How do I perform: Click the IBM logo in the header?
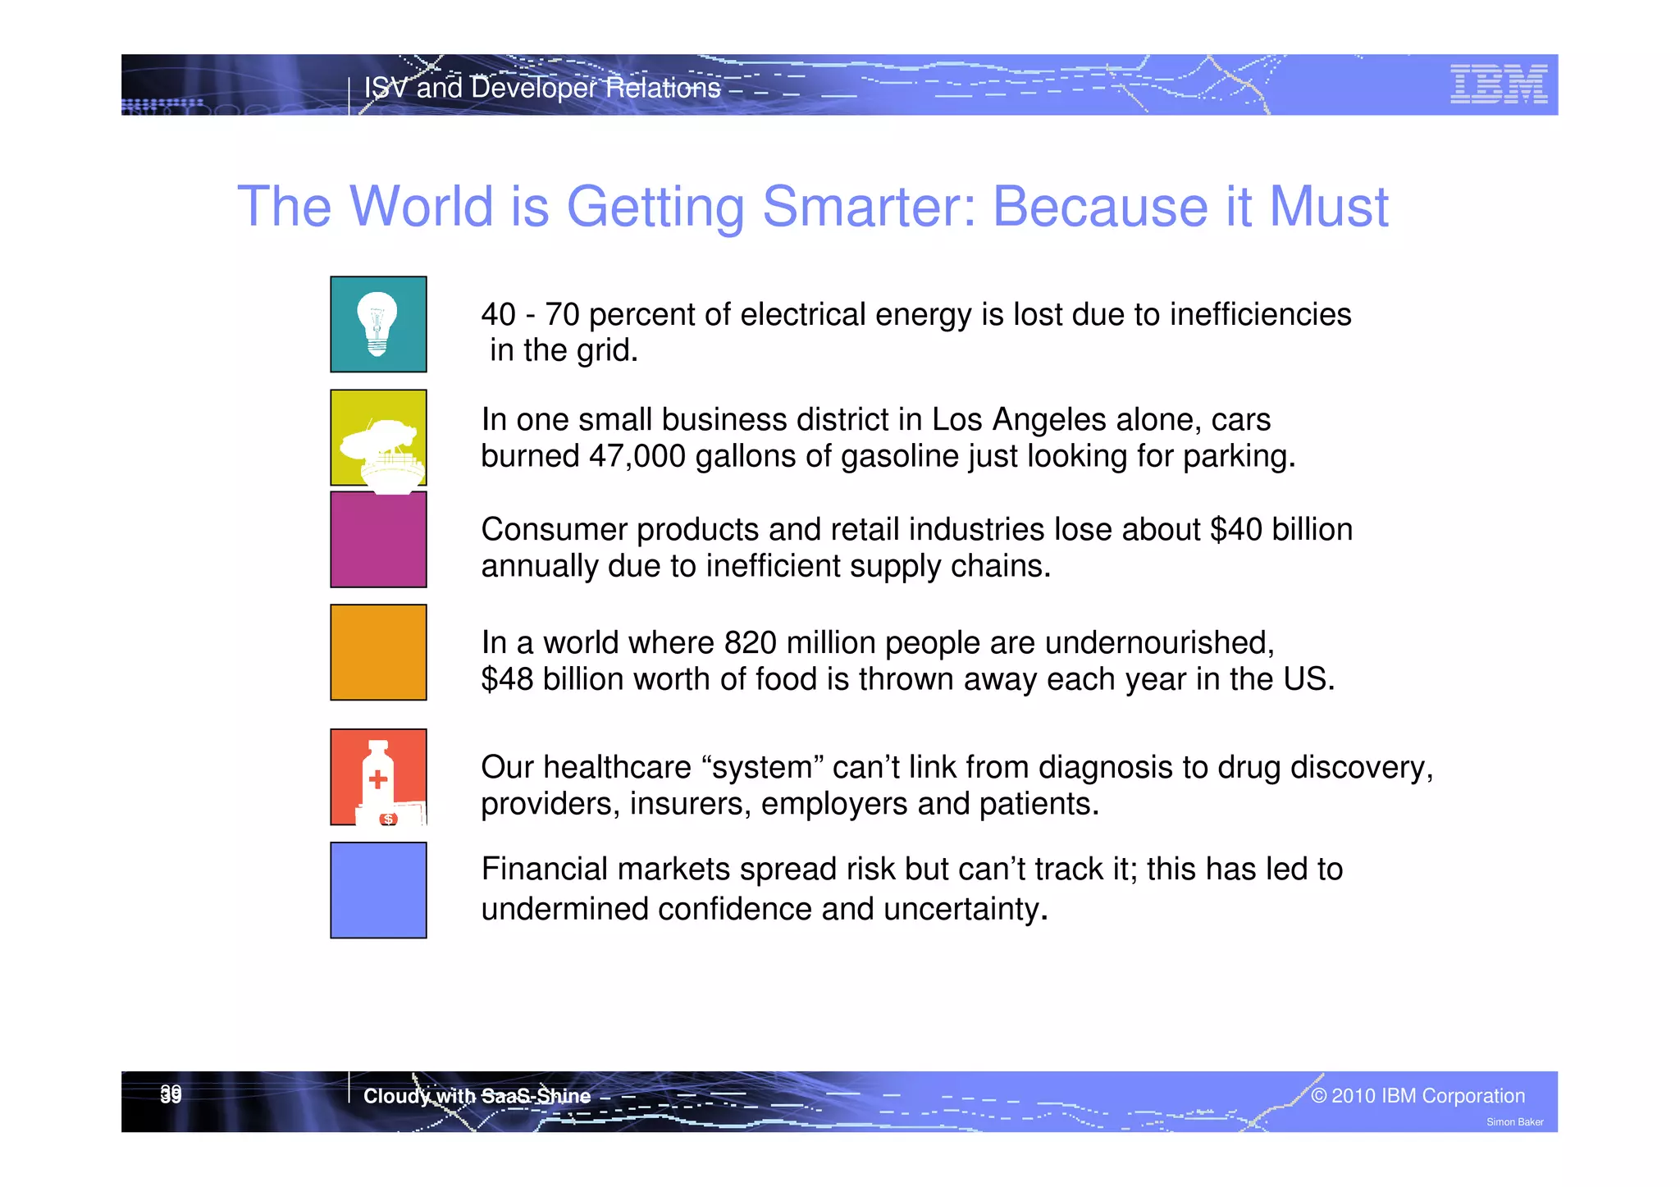(x=1498, y=84)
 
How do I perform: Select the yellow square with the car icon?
(x=378, y=437)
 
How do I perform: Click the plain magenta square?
(x=378, y=540)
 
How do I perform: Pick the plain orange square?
(x=378, y=652)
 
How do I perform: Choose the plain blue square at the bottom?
(x=378, y=890)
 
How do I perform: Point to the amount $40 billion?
(x=1281, y=530)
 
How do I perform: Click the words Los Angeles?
(x=1039, y=420)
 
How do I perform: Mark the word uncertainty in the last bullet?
(x=965, y=910)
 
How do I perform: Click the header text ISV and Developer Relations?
(x=541, y=88)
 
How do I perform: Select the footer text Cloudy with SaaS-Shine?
(x=477, y=1096)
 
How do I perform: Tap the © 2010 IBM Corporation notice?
(x=1417, y=1096)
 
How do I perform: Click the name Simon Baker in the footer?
(x=1514, y=1122)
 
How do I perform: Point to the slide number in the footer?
(x=171, y=1094)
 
